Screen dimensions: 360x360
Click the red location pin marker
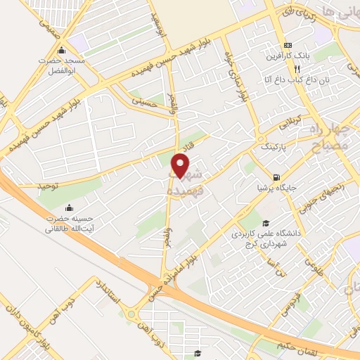pyautogui.click(x=181, y=167)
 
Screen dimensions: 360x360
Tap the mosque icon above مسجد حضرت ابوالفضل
pyautogui.click(x=62, y=51)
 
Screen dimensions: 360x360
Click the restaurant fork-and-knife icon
pyautogui.click(x=297, y=69)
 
